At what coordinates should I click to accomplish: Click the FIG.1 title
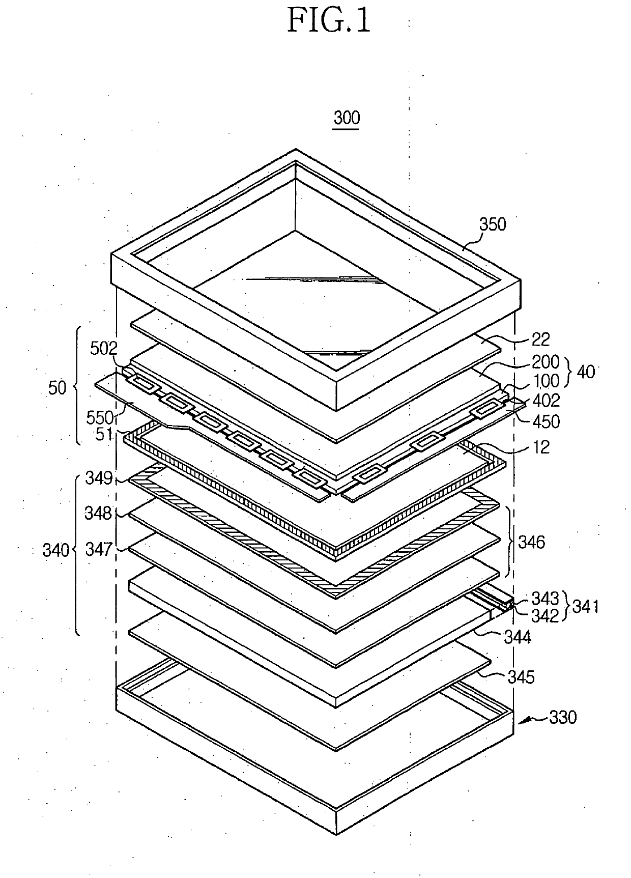pyautogui.click(x=329, y=21)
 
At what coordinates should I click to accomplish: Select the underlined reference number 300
pyautogui.click(x=347, y=118)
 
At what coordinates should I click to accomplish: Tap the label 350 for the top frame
pyautogui.click(x=493, y=224)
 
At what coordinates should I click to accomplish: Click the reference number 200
pyautogui.click(x=546, y=362)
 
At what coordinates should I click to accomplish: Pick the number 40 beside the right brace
pyautogui.click(x=586, y=372)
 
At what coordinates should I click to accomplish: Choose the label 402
pyautogui.click(x=546, y=401)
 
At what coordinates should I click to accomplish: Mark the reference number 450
pyautogui.click(x=546, y=421)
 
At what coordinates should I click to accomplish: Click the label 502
pyautogui.click(x=104, y=349)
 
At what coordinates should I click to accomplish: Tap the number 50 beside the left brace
pyautogui.click(x=58, y=388)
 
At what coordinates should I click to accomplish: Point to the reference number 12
pyautogui.click(x=540, y=447)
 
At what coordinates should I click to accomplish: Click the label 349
pyautogui.click(x=99, y=478)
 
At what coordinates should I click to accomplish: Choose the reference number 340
pyautogui.click(x=56, y=550)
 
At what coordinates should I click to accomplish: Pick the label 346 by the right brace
pyautogui.click(x=531, y=542)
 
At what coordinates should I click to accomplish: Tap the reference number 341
pyautogui.click(x=586, y=606)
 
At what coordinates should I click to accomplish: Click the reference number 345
pyautogui.click(x=521, y=677)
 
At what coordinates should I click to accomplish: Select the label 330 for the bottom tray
pyautogui.click(x=563, y=718)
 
